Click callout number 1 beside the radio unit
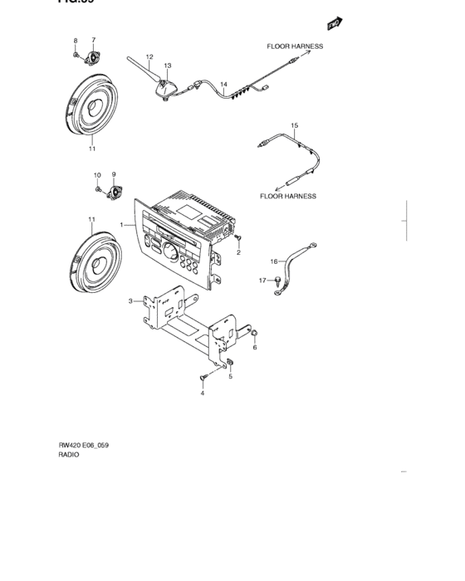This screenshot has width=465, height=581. tap(120, 225)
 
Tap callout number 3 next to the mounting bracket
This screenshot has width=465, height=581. tap(130, 301)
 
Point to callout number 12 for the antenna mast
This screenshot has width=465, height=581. tap(149, 57)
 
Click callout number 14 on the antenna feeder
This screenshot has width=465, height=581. tap(223, 84)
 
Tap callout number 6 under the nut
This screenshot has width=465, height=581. tap(254, 348)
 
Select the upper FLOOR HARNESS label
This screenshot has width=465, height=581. tap(294, 47)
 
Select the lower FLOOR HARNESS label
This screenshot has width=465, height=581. tap(288, 197)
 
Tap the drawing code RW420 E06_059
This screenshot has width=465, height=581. tap(83, 446)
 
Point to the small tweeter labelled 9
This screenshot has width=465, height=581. tap(113, 190)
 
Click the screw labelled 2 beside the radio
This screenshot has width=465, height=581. tap(237, 238)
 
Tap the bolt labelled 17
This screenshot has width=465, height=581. tap(277, 281)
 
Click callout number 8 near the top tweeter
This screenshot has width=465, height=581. tap(76, 41)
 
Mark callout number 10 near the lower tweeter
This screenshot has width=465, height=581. tap(96, 175)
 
